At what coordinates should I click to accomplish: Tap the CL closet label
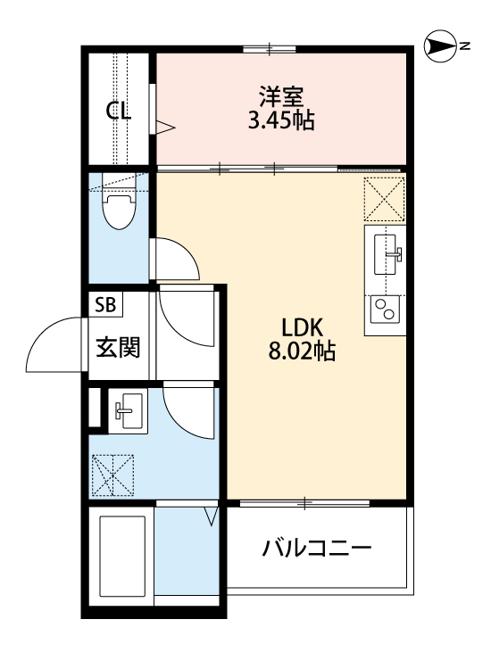coord(119,111)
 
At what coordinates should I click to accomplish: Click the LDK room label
coord(302,326)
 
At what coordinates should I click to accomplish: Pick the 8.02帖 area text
coord(302,351)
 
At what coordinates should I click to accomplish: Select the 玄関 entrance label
coord(119,347)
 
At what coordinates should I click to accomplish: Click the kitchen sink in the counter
coord(386,252)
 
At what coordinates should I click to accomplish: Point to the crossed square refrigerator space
coord(385,198)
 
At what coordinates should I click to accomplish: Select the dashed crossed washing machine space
coord(112,475)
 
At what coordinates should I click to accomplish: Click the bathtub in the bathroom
coord(121,558)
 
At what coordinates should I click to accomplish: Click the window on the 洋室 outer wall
coord(270,48)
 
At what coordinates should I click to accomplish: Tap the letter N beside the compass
coord(465,45)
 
